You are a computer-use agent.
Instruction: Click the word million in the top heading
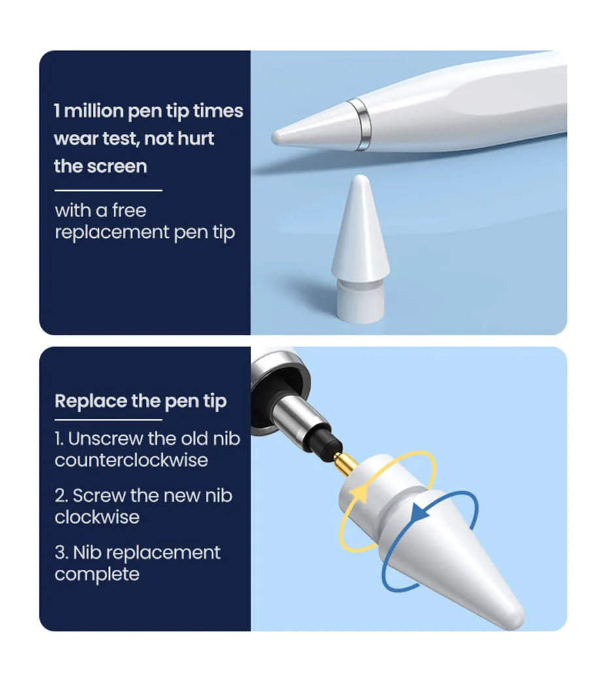click(x=93, y=111)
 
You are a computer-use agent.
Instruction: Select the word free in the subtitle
click(x=129, y=210)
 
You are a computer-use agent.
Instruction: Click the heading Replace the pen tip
click(x=141, y=401)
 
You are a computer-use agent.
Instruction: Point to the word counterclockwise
click(x=131, y=460)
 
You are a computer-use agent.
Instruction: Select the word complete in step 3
click(x=97, y=574)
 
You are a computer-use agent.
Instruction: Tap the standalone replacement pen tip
click(x=361, y=249)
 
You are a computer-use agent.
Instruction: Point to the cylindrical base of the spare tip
click(x=361, y=302)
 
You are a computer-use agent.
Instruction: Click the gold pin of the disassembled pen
click(x=346, y=463)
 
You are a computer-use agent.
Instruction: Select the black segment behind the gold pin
click(x=328, y=441)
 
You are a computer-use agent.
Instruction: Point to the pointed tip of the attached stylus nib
click(x=275, y=138)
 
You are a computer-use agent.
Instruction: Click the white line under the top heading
click(x=109, y=190)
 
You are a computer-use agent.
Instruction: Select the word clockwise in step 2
click(x=97, y=518)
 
